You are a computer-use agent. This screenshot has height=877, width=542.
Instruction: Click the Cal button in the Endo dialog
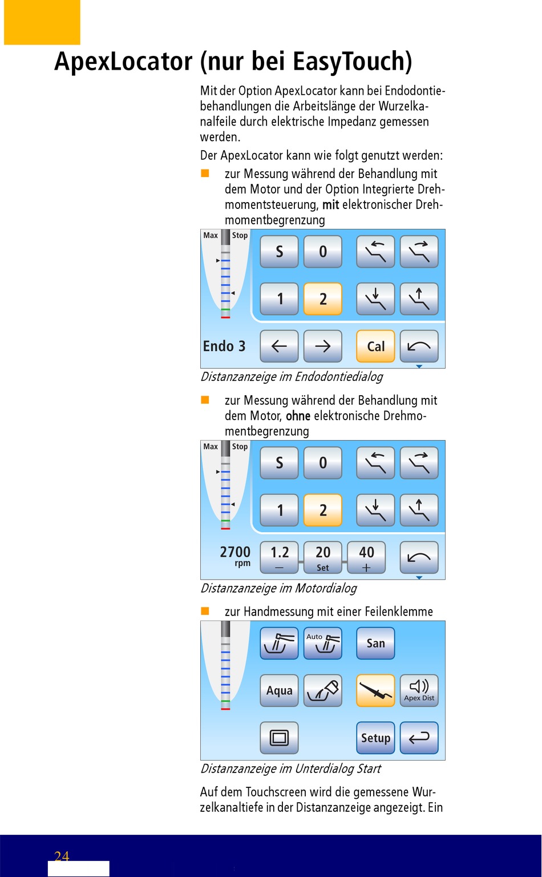coord(375,346)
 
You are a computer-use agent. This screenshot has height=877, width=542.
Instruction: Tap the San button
coord(375,643)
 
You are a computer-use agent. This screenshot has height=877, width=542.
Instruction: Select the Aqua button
coord(279,690)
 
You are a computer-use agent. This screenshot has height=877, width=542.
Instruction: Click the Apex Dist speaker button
coord(419,690)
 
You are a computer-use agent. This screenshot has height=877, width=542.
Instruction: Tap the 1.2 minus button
coord(279,557)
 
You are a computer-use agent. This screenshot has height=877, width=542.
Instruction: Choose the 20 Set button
coord(323,557)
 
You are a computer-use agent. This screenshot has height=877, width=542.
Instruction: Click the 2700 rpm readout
coord(235,556)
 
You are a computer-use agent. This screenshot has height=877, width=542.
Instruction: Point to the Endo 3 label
coord(224,346)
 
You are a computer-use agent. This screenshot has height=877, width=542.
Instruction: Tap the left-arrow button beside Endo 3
coord(279,346)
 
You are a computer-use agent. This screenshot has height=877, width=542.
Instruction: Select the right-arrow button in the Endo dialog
coord(323,346)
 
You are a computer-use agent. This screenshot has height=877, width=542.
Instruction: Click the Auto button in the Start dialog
coord(323,643)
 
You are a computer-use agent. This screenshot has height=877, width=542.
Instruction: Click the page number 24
coord(62,856)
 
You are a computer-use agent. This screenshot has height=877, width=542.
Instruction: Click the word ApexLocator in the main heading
coord(124,62)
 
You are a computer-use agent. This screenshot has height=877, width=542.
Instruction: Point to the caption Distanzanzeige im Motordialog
coord(278,588)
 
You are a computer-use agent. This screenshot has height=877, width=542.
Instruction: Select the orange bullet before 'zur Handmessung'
coord(205,611)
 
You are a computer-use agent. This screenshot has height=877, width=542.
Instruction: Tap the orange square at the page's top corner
coord(42,22)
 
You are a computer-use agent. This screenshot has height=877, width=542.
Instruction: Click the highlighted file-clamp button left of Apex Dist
coord(375,690)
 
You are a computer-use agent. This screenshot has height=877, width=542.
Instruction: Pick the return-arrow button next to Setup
coord(419,738)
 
